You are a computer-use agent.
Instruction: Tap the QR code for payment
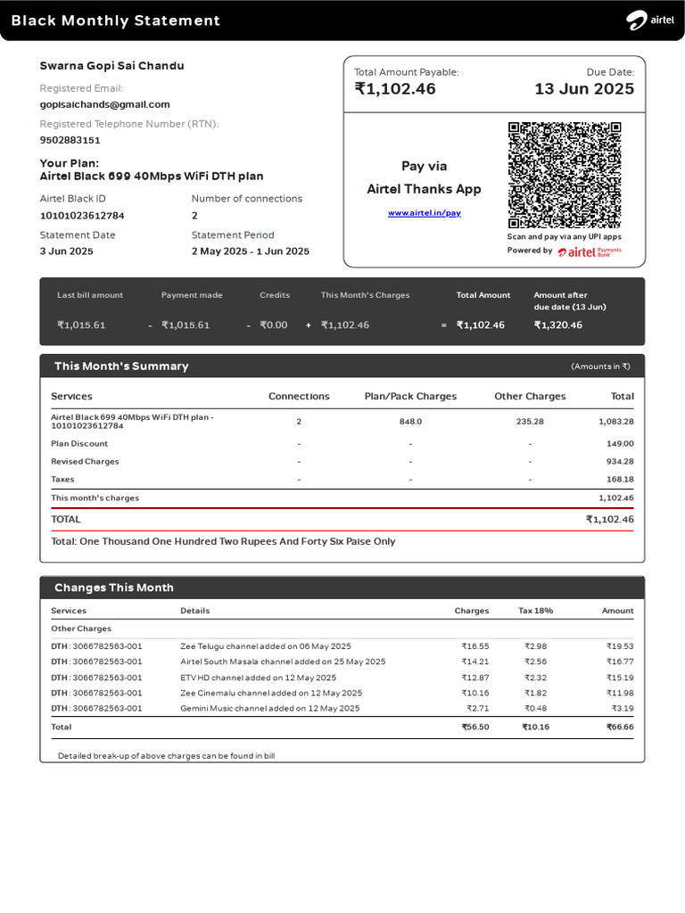[564, 176]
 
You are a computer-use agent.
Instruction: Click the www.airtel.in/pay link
[425, 213]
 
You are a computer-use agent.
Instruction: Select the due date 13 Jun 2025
[584, 89]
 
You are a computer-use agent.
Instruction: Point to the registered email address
[104, 104]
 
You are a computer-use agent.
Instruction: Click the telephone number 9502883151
[70, 140]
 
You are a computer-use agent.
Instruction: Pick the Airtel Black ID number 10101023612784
[82, 216]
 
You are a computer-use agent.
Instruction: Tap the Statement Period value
[250, 251]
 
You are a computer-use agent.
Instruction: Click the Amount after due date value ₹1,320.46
[557, 325]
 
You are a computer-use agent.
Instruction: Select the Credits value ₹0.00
[273, 325]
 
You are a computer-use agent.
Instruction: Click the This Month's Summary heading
[121, 366]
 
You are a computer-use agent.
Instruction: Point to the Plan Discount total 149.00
[620, 444]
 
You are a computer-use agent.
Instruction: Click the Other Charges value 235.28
[530, 422]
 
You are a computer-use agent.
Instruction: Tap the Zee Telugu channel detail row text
[266, 646]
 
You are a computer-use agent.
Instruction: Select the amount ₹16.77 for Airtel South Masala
[619, 662]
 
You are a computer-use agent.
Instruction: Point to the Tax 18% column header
[535, 611]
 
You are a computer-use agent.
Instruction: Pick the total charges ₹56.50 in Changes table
[474, 728]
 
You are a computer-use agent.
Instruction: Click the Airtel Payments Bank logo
[590, 252]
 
